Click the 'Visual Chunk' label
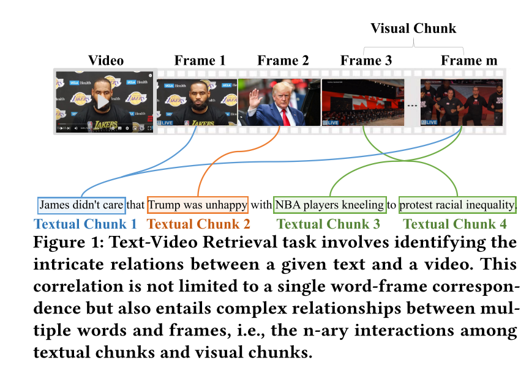tap(413, 29)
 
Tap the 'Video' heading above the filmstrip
tap(106, 61)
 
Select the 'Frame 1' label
tap(200, 61)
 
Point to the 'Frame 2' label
tap(283, 61)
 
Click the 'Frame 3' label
tap(366, 61)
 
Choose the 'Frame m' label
tap(469, 61)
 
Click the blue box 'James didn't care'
tap(82, 205)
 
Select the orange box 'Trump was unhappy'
tap(197, 205)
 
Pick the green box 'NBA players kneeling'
tap(330, 205)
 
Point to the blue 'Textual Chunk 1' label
tap(86, 224)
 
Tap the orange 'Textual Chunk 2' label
tap(199, 224)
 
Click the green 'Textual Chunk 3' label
tap(329, 224)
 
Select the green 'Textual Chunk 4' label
tap(456, 224)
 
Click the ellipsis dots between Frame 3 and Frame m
tap(412, 105)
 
